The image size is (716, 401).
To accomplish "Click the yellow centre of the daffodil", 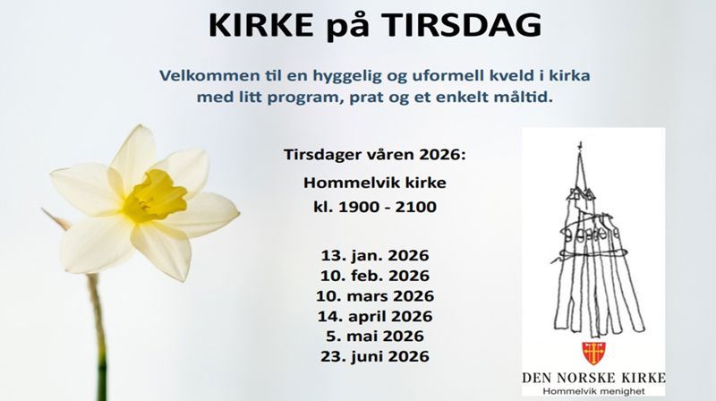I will point(153,194).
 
